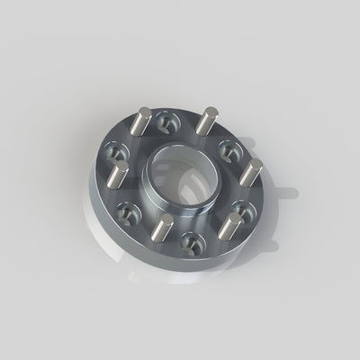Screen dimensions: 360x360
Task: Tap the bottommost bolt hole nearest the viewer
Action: coord(189,240)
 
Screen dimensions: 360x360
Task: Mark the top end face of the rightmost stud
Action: coord(255,164)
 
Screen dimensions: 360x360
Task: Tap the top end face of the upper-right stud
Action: coord(210,112)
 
